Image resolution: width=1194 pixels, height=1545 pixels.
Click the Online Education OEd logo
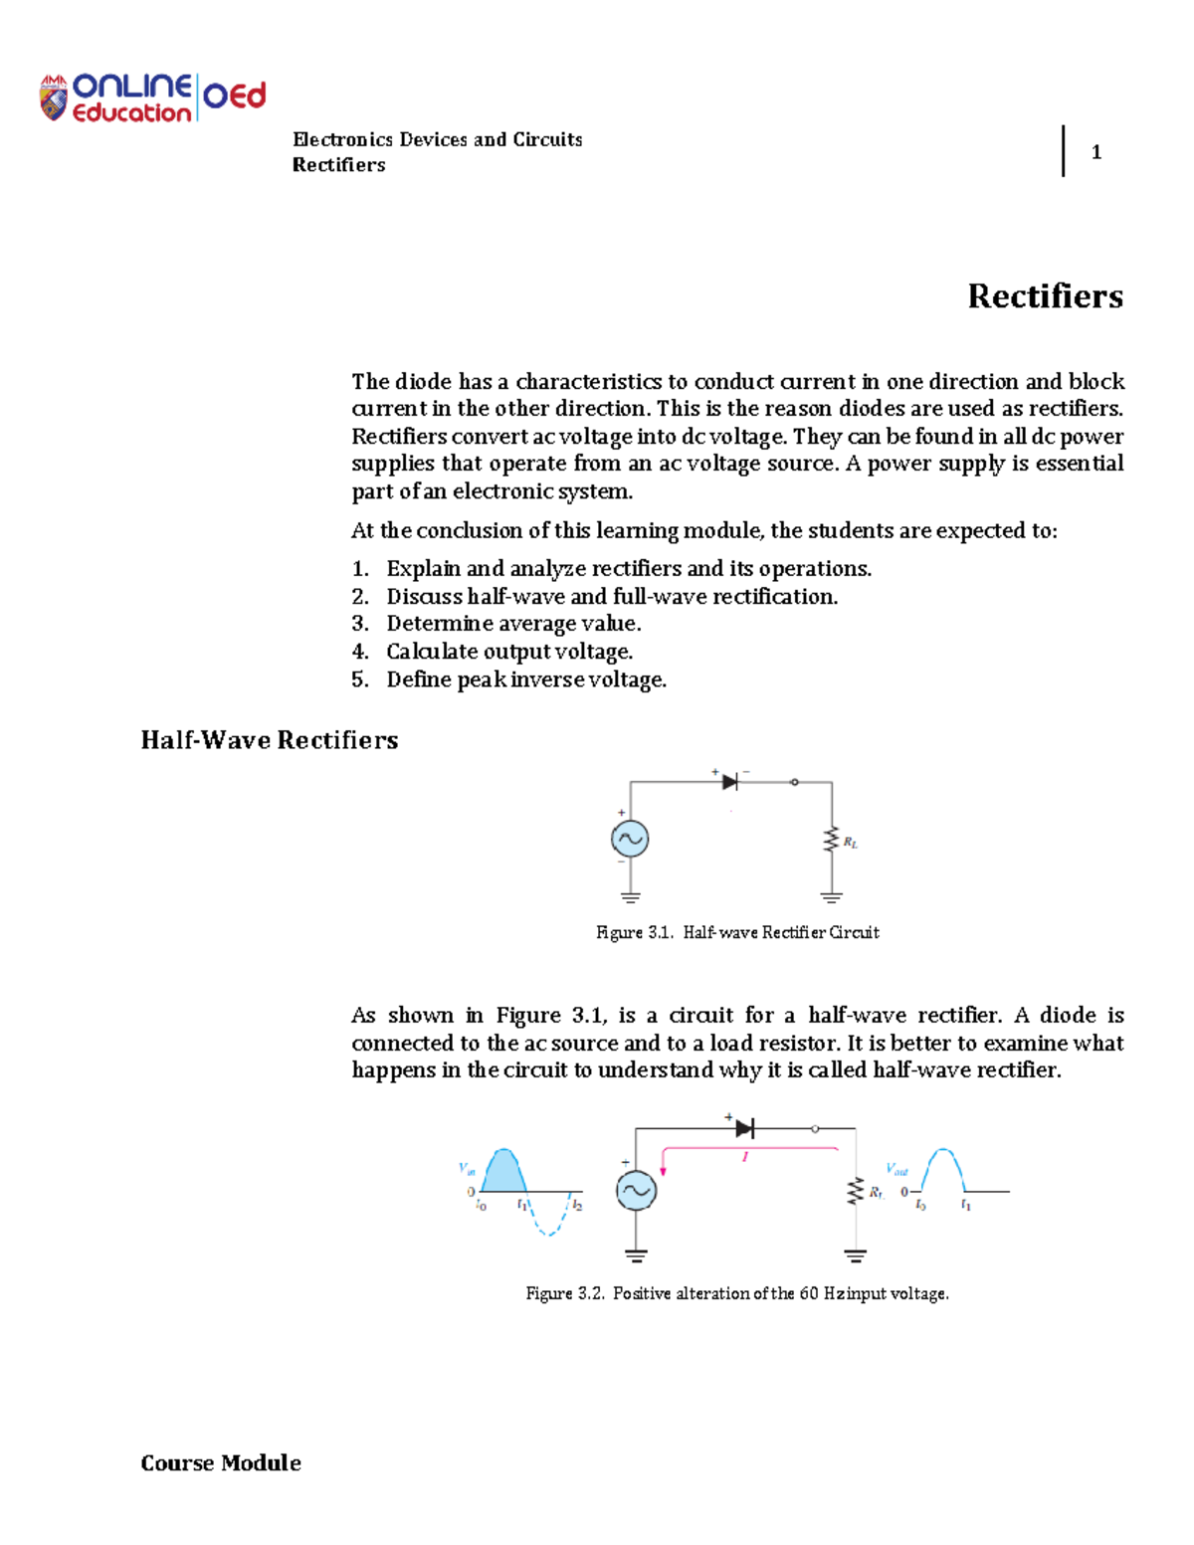tap(153, 97)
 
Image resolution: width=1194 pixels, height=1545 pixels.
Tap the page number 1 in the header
tap(1095, 152)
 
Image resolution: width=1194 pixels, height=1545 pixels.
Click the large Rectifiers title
tap(1045, 296)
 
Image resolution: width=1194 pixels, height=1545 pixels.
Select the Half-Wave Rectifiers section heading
tap(270, 740)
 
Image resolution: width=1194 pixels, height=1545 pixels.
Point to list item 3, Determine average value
tap(513, 624)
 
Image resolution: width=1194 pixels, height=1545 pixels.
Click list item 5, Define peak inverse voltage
tap(525, 679)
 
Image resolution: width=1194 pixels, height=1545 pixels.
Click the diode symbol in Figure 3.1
tap(729, 782)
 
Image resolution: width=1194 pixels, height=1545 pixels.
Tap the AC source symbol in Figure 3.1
tap(630, 839)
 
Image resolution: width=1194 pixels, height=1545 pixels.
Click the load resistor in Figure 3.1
tap(831, 841)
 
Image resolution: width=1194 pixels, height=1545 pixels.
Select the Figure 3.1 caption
tap(737, 932)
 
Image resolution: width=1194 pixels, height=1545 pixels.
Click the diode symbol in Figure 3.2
tap(744, 1128)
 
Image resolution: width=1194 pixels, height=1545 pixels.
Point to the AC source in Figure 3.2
tap(636, 1190)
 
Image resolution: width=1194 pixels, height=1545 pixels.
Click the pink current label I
tap(744, 1157)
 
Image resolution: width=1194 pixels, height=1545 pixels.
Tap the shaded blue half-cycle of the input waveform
tap(503, 1172)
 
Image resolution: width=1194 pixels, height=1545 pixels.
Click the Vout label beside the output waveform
tap(896, 1170)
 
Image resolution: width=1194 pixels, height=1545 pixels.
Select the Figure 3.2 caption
tap(737, 1293)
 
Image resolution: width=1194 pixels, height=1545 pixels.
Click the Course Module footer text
tap(221, 1462)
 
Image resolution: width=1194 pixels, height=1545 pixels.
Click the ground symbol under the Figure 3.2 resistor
tap(855, 1255)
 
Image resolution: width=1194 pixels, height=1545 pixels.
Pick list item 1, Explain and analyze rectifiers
tap(628, 569)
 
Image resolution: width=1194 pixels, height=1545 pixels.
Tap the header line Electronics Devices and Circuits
tap(437, 139)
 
